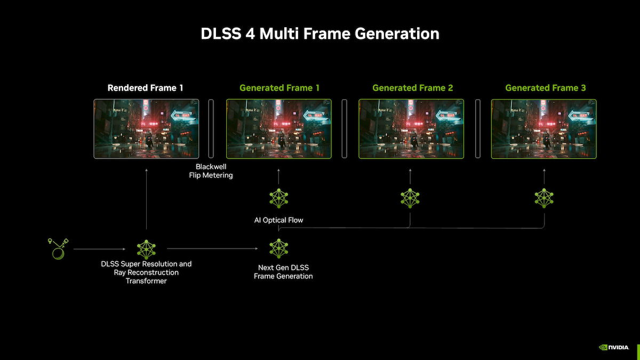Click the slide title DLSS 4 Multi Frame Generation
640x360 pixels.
click(320, 34)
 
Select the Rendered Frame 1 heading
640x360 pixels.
click(145, 87)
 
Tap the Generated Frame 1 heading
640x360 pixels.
click(279, 87)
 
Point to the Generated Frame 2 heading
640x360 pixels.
click(412, 87)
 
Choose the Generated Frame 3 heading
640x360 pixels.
click(545, 87)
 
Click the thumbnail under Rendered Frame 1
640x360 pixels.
click(146, 129)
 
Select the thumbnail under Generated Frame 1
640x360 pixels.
click(279, 129)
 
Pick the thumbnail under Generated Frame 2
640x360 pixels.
click(411, 129)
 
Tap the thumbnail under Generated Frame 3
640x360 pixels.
click(544, 129)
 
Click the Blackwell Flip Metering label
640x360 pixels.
click(211, 171)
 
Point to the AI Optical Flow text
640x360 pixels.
click(278, 220)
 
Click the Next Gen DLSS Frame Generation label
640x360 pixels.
click(283, 271)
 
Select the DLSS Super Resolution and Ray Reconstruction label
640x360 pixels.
click(146, 272)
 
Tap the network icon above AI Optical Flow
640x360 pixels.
click(278, 198)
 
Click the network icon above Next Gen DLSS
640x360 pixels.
click(278, 249)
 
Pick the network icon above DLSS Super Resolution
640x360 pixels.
click(146, 249)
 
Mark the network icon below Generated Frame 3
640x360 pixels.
click(544, 198)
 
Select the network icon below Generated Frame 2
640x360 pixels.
click(410, 198)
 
